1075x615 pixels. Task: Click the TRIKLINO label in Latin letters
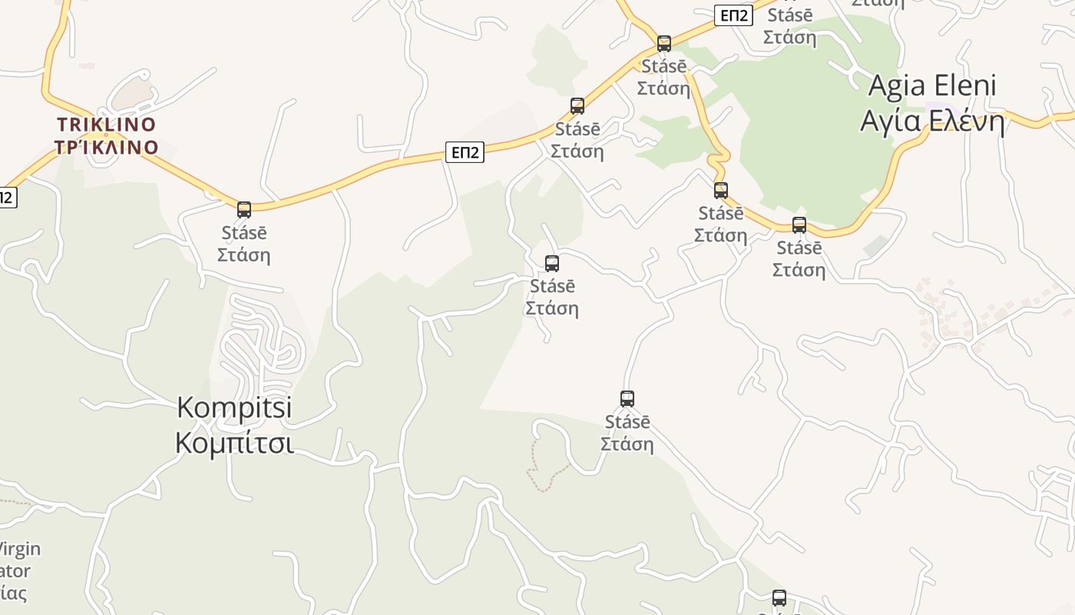click(106, 125)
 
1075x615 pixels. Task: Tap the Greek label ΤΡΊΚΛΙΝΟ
click(106, 147)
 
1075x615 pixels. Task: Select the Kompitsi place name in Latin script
click(234, 407)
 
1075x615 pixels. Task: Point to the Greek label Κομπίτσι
click(234, 444)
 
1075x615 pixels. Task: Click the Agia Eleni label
click(931, 85)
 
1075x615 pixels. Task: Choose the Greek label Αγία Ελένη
click(931, 121)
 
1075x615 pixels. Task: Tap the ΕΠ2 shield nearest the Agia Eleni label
click(733, 15)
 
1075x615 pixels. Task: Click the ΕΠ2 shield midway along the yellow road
click(465, 152)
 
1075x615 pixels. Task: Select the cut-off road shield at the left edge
click(6, 198)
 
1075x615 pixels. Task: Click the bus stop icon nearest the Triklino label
click(244, 209)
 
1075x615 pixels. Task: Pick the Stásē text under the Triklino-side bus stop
click(244, 232)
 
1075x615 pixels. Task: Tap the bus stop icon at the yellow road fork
click(664, 43)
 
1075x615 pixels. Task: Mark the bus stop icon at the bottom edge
click(779, 597)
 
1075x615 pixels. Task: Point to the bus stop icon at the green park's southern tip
click(799, 224)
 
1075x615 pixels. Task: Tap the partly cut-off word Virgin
click(20, 549)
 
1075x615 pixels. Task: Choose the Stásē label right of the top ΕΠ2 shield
click(790, 15)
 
